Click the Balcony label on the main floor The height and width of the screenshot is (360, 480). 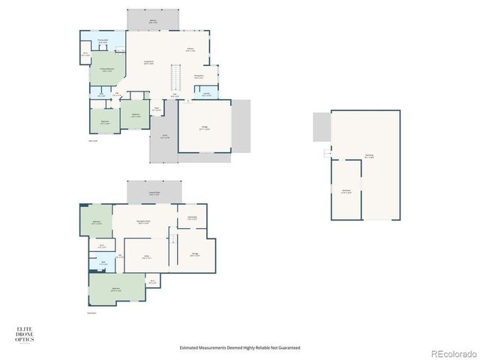[153, 22]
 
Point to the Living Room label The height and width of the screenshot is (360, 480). [148, 63]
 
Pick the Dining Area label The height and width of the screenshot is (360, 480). [199, 76]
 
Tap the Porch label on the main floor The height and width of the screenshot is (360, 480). [165, 136]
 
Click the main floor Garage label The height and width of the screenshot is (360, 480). [205, 128]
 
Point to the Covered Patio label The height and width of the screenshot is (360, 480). [154, 194]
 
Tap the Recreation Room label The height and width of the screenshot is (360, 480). [144, 222]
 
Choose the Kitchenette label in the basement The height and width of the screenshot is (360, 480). [192, 218]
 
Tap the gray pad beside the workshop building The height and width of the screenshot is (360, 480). [322, 127]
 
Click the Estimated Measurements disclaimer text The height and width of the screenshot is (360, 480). [240, 347]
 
